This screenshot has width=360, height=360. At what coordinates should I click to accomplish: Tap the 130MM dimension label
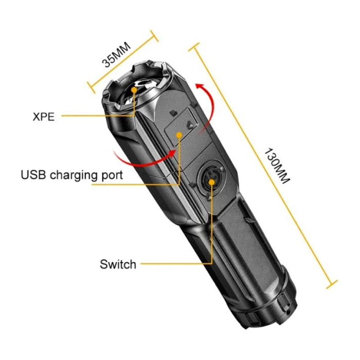(277, 167)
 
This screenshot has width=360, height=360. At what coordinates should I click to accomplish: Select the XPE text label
(44, 116)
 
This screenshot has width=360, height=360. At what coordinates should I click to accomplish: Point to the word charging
(74, 175)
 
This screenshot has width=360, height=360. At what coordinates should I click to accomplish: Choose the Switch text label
(118, 265)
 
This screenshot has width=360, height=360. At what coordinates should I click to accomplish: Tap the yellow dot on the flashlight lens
(135, 90)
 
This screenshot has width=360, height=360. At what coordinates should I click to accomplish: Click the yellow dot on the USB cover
(178, 135)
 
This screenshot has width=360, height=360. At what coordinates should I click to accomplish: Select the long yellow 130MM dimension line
(262, 165)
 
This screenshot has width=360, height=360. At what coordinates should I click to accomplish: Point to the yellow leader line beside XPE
(98, 116)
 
